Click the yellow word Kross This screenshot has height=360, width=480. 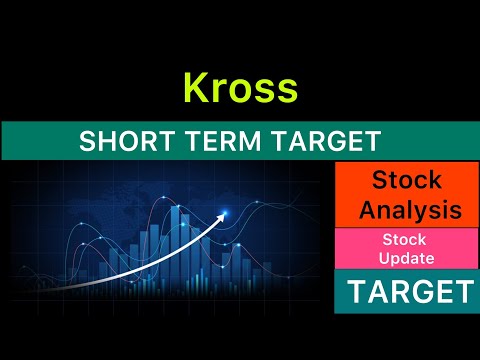(240, 88)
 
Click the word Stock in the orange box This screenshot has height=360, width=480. (406, 181)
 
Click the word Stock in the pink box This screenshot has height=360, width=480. (405, 240)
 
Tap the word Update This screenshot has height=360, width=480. (405, 259)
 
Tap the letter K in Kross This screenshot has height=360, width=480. (195, 88)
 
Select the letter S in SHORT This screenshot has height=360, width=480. (86, 141)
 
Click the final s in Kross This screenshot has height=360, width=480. (287, 90)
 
